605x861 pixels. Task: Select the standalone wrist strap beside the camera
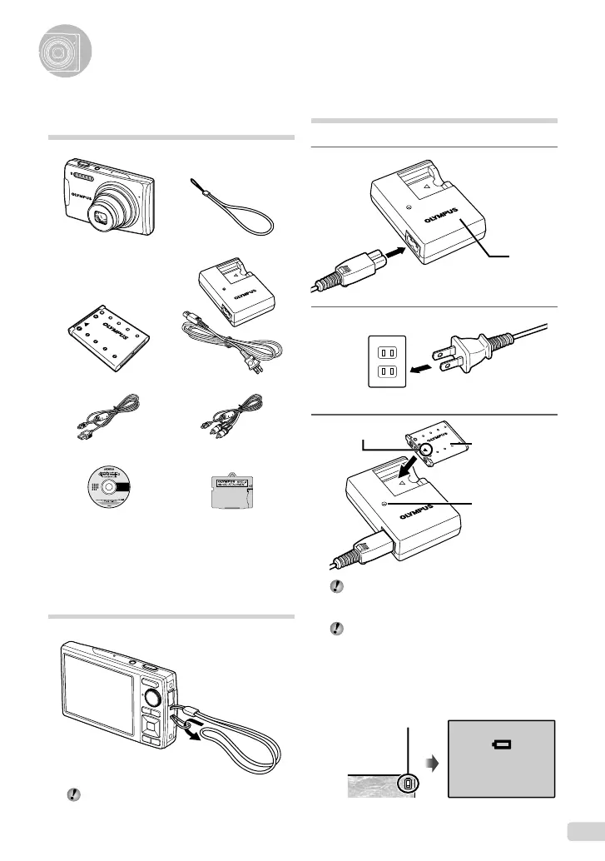coord(241,212)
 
